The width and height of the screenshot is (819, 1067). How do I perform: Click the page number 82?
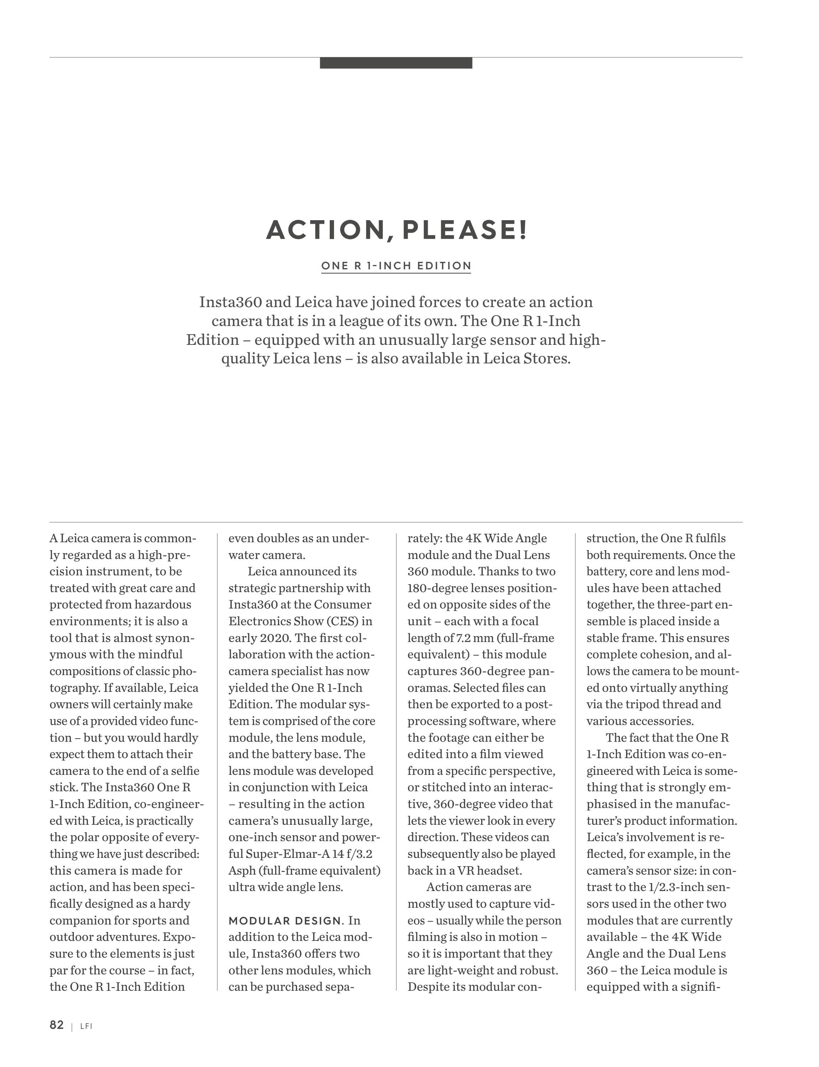click(x=57, y=1025)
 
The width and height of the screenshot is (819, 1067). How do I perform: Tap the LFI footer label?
click(x=86, y=1026)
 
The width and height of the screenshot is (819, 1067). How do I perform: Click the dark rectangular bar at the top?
click(x=396, y=63)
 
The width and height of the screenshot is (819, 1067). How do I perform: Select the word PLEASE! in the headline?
click(x=465, y=230)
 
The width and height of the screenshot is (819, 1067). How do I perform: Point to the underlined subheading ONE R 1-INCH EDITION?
click(x=396, y=266)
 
